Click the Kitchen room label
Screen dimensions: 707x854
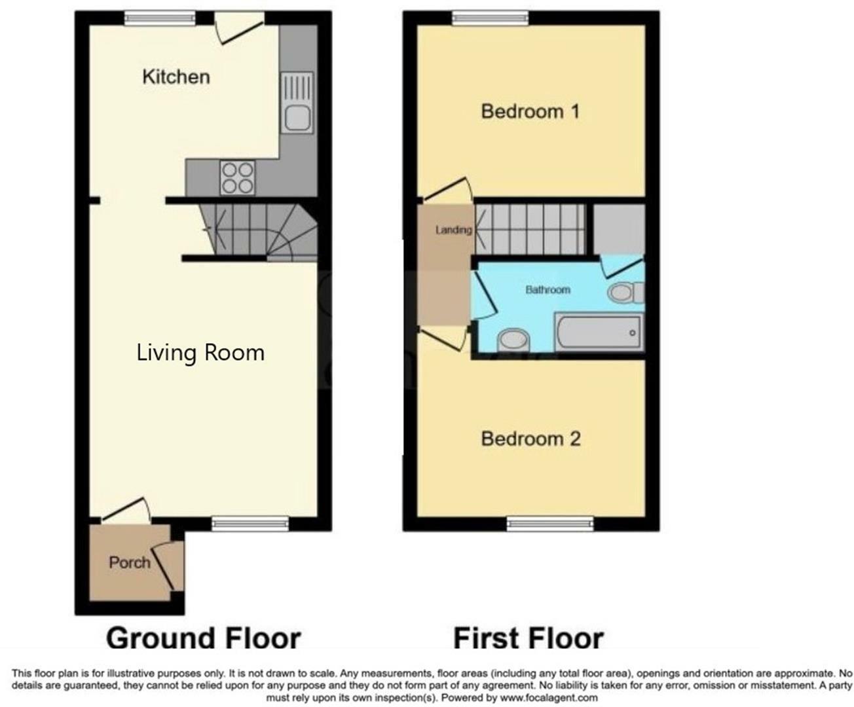[x=176, y=77]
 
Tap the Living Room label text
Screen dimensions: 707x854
[x=200, y=353]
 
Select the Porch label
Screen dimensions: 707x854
[x=129, y=562]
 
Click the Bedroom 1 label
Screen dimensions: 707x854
[x=530, y=111]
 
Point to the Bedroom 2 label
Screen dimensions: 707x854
[x=530, y=439]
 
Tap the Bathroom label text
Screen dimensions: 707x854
[x=548, y=289]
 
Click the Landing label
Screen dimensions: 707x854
[x=453, y=230]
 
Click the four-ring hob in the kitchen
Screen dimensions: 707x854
[x=237, y=177]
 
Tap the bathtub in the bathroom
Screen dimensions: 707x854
[x=599, y=333]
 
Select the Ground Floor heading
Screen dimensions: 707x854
[x=203, y=638]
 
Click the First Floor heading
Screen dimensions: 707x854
[x=528, y=638]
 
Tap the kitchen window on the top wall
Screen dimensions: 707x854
[x=160, y=19]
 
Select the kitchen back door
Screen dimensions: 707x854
[x=240, y=29]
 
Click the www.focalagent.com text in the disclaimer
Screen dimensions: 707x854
[x=550, y=698]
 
